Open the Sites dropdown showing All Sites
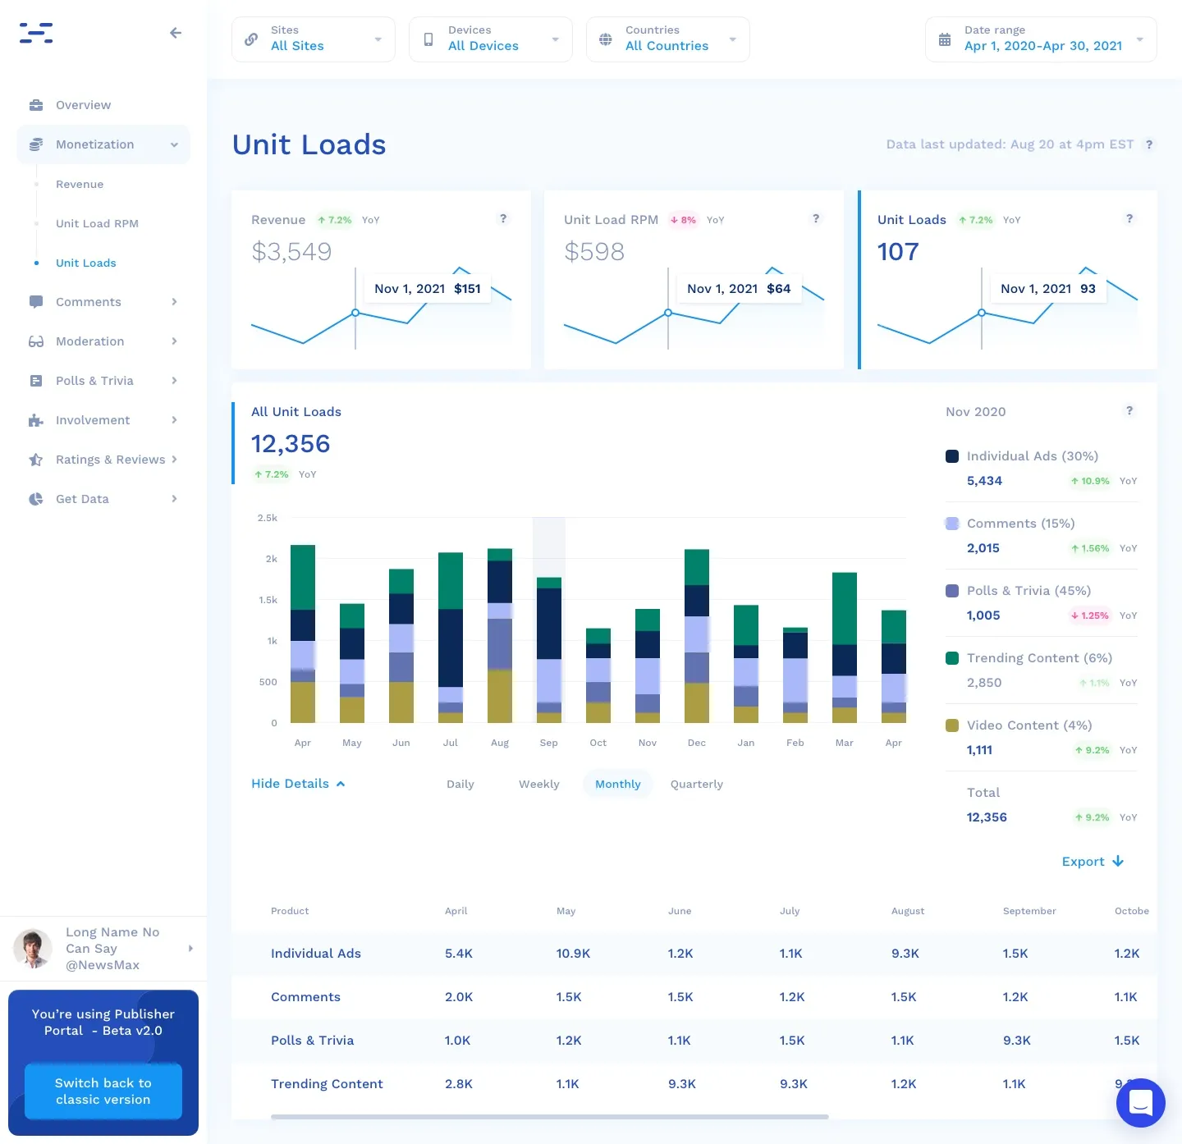tap(313, 39)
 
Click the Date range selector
tap(1041, 39)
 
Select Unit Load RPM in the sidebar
tap(97, 223)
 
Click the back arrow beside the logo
tap(176, 33)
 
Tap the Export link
tap(1092, 861)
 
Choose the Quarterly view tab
tap(696, 784)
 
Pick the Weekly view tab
tap(538, 784)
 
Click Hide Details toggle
tap(298, 783)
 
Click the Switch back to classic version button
tap(103, 1091)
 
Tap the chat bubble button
tap(1140, 1102)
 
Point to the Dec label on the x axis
tap(696, 743)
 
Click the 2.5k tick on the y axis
tap(267, 518)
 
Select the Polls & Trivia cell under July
tap(791, 1040)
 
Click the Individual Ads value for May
tap(573, 954)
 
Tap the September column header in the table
tap(1029, 911)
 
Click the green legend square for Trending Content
tap(952, 658)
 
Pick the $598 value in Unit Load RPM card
tap(594, 251)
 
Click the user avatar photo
tap(33, 948)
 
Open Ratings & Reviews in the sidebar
tap(111, 460)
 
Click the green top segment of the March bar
tap(845, 608)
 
